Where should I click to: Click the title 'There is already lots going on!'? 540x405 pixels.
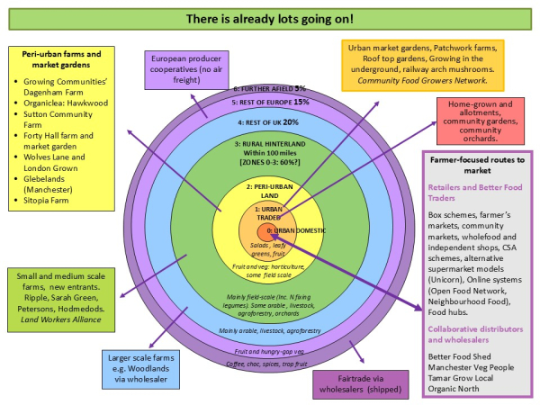270,18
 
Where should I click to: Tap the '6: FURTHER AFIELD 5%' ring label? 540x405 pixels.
269,89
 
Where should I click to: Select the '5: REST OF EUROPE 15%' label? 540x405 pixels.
269,102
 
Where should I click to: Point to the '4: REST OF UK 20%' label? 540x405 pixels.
269,121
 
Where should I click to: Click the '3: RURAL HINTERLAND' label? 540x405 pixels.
269,143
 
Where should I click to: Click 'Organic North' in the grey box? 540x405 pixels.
454,391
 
